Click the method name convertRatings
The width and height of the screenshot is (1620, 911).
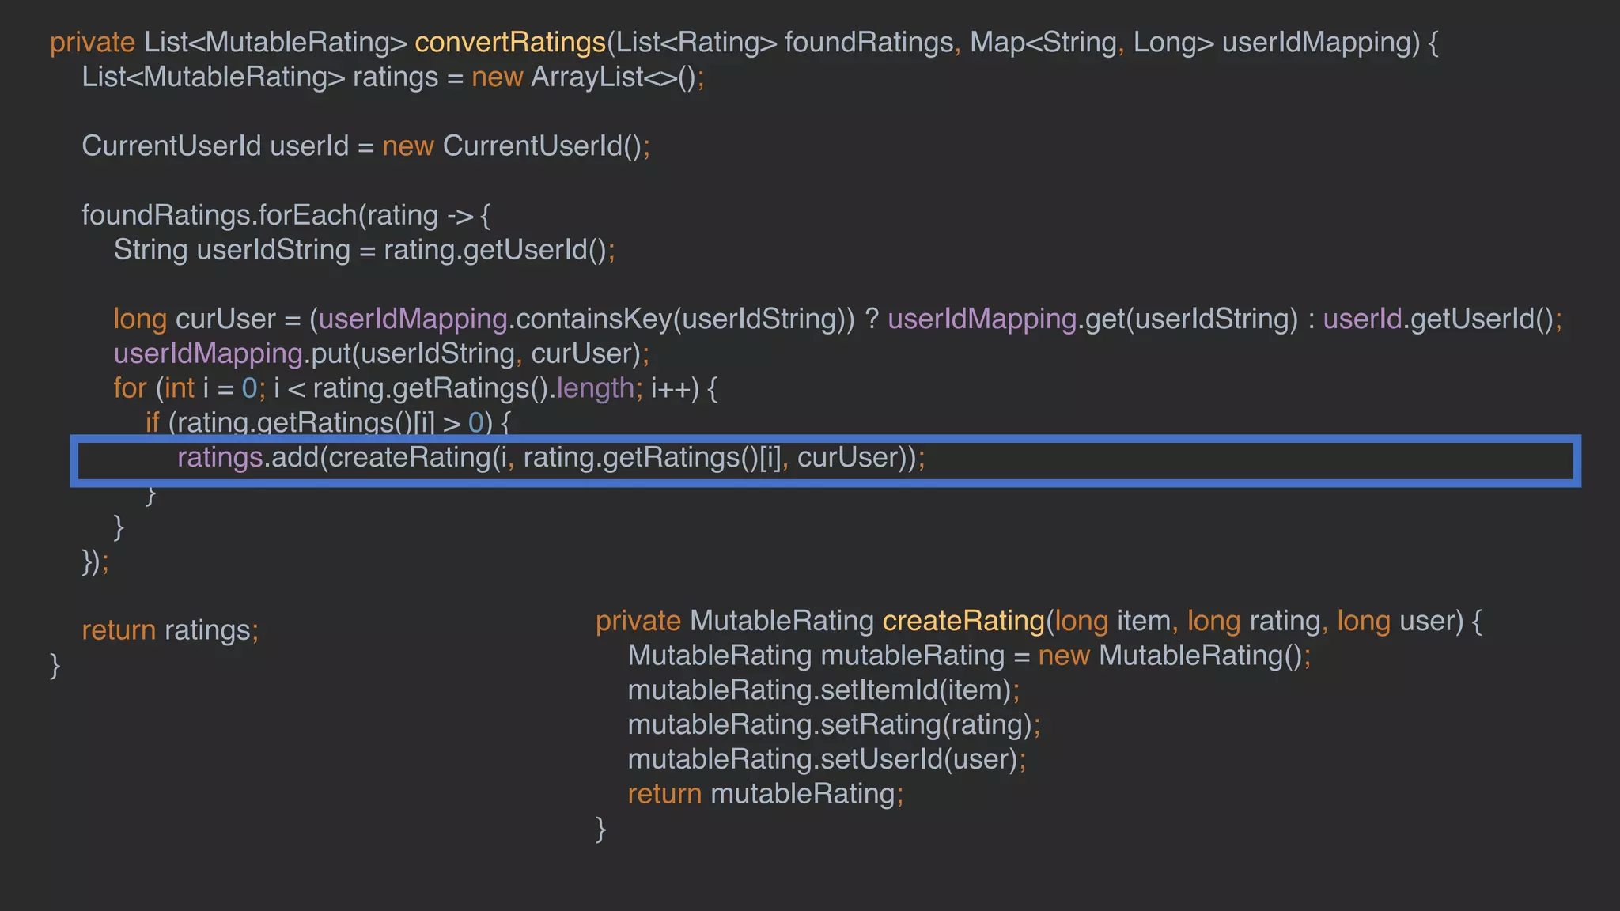point(509,43)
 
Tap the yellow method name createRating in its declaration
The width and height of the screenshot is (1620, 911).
point(963,622)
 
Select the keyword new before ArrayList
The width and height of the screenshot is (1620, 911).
point(497,77)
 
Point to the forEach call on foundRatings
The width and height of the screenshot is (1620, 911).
point(308,215)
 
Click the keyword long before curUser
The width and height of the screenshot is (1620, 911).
point(139,319)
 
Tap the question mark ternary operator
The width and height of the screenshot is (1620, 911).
point(871,319)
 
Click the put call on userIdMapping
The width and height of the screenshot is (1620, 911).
point(331,353)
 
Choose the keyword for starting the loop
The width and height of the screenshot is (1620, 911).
point(130,388)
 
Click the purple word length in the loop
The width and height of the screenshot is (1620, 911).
point(595,388)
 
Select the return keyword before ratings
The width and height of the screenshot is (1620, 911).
point(119,630)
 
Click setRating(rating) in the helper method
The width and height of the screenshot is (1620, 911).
point(925,725)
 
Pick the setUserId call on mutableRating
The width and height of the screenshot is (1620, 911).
point(881,760)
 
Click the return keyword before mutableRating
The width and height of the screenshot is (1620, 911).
point(664,794)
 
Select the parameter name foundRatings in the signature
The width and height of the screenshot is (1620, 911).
point(868,43)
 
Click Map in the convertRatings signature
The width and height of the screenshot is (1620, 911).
point(997,43)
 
